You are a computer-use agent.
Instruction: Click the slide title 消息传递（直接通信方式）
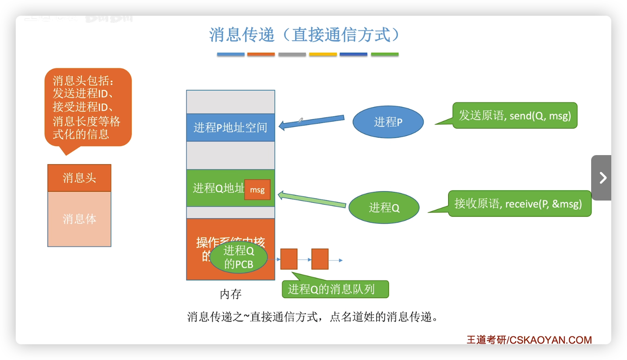304,35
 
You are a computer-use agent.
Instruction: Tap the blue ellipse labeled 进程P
388,122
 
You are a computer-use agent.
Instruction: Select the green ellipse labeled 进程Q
384,207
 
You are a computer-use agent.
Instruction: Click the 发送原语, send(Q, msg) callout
515,115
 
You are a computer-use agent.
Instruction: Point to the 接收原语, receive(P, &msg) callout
519,204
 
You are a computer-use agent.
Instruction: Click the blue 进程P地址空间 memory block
230,128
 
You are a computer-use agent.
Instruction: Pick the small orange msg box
257,190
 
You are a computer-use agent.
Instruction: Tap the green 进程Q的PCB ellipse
238,257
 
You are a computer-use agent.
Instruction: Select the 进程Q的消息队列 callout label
335,289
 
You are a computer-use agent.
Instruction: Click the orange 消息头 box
79,178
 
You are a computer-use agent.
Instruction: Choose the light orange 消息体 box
79,219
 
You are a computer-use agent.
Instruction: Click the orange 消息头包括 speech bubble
88,107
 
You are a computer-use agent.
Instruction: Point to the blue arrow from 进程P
311,122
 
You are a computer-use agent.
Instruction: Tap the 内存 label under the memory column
230,294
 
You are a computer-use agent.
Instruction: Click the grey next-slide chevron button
603,178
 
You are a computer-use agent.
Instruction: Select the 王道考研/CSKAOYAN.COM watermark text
529,339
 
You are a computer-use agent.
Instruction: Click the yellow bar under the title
323,55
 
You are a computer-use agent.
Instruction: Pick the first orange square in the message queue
289,259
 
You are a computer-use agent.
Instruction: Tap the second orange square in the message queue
320,259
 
